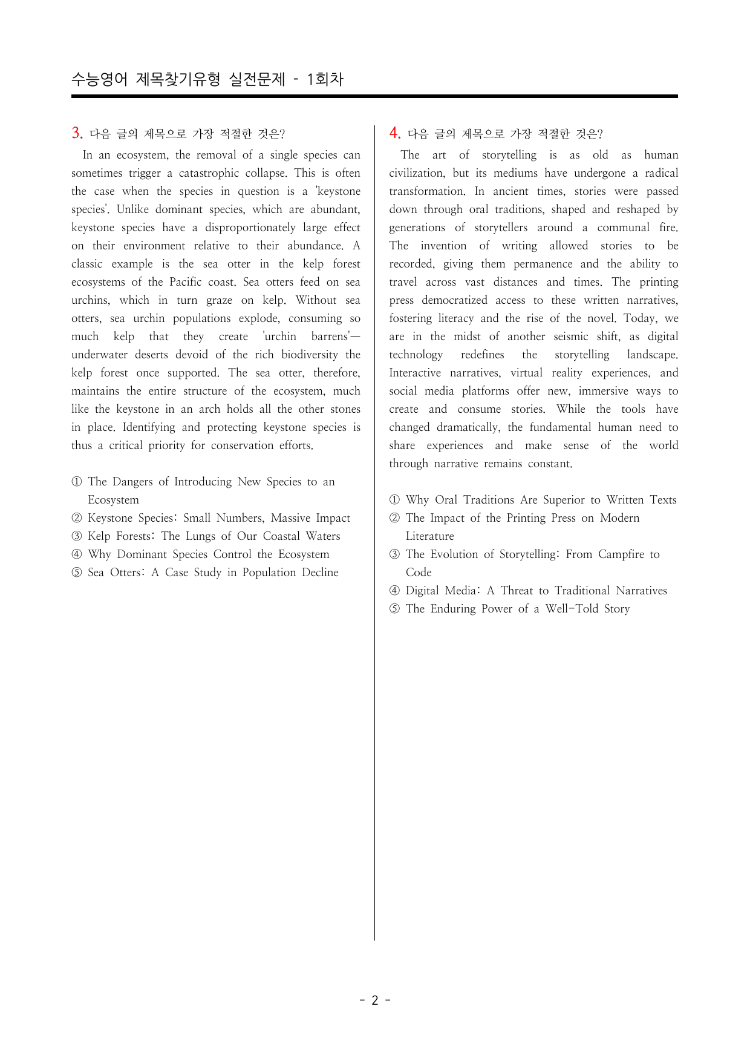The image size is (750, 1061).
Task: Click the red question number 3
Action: coord(77,133)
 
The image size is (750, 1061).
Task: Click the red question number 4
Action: coord(394,133)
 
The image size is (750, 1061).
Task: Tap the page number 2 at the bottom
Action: coord(374,1000)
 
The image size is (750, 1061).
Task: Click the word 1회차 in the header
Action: coord(325,79)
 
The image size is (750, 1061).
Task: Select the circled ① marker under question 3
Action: coord(76,482)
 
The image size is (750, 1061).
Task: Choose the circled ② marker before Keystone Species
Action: coord(76,518)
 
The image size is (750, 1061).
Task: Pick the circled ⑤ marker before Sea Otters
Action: coord(76,573)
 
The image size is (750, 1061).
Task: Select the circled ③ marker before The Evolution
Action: coord(394,554)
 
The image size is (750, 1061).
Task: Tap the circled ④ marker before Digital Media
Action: coord(394,591)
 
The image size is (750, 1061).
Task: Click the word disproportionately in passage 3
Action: coord(250,228)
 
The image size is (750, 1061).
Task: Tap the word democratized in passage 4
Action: coord(454,300)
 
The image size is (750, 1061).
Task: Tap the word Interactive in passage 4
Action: coord(414,373)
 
